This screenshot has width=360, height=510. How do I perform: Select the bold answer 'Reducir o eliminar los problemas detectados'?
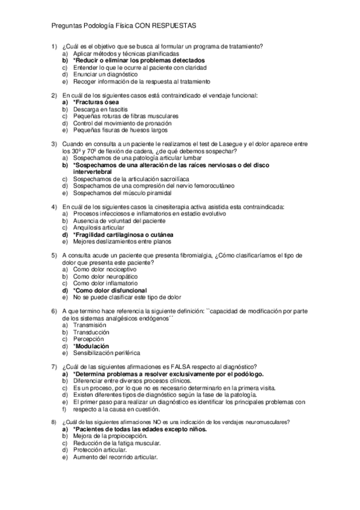click(139, 60)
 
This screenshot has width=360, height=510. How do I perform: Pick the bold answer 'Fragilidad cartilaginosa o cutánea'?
click(124, 235)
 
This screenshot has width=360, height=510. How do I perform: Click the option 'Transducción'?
click(91, 332)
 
